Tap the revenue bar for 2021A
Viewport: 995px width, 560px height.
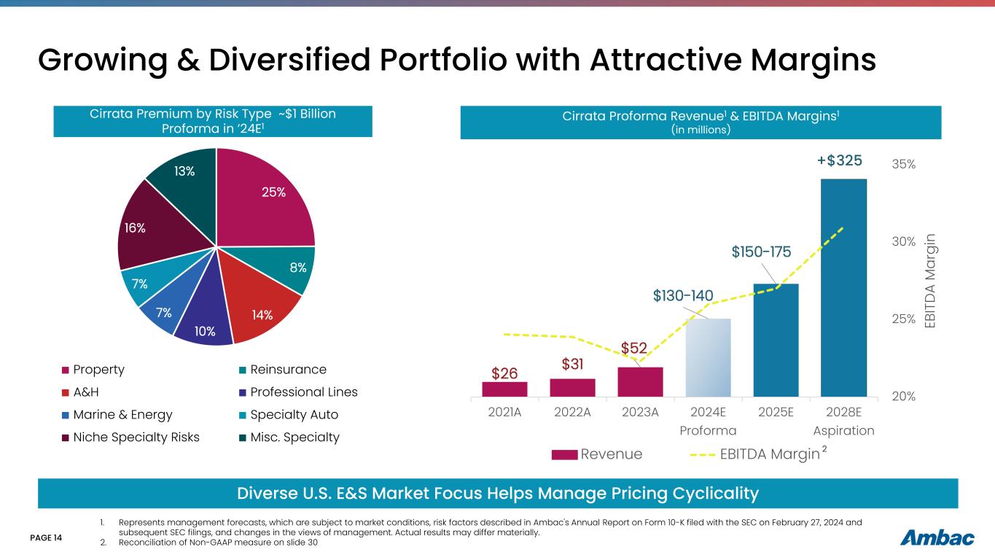pos(504,389)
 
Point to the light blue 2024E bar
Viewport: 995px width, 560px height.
pos(708,357)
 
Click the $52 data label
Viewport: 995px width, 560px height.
pos(633,349)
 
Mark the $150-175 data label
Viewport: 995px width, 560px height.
pos(761,252)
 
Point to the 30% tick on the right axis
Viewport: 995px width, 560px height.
pos(904,241)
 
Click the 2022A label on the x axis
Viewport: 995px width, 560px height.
pos(571,411)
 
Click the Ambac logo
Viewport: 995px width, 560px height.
pos(937,537)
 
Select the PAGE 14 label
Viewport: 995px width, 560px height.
pos(47,538)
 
